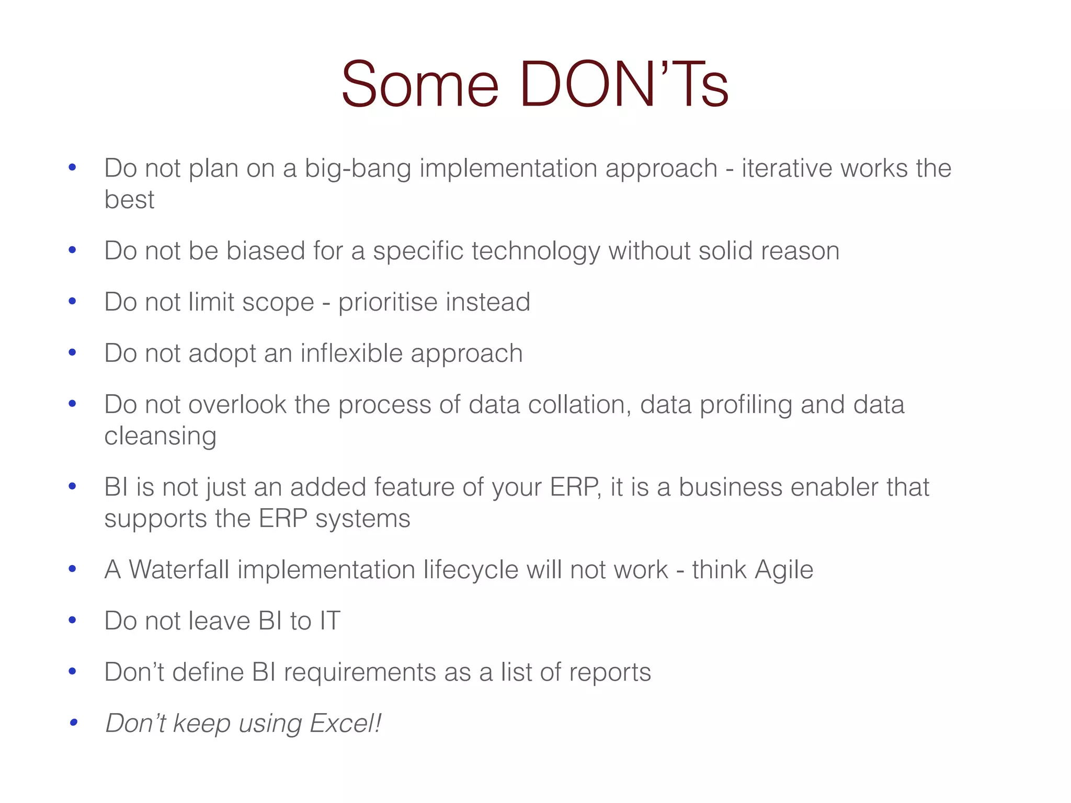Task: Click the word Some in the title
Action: click(420, 85)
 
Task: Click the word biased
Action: click(265, 250)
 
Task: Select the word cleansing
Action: click(160, 437)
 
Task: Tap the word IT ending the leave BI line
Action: click(330, 621)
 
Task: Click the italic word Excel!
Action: click(345, 724)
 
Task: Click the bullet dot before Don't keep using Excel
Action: click(73, 723)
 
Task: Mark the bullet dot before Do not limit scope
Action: click(73, 301)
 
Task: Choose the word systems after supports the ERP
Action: click(362, 519)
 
